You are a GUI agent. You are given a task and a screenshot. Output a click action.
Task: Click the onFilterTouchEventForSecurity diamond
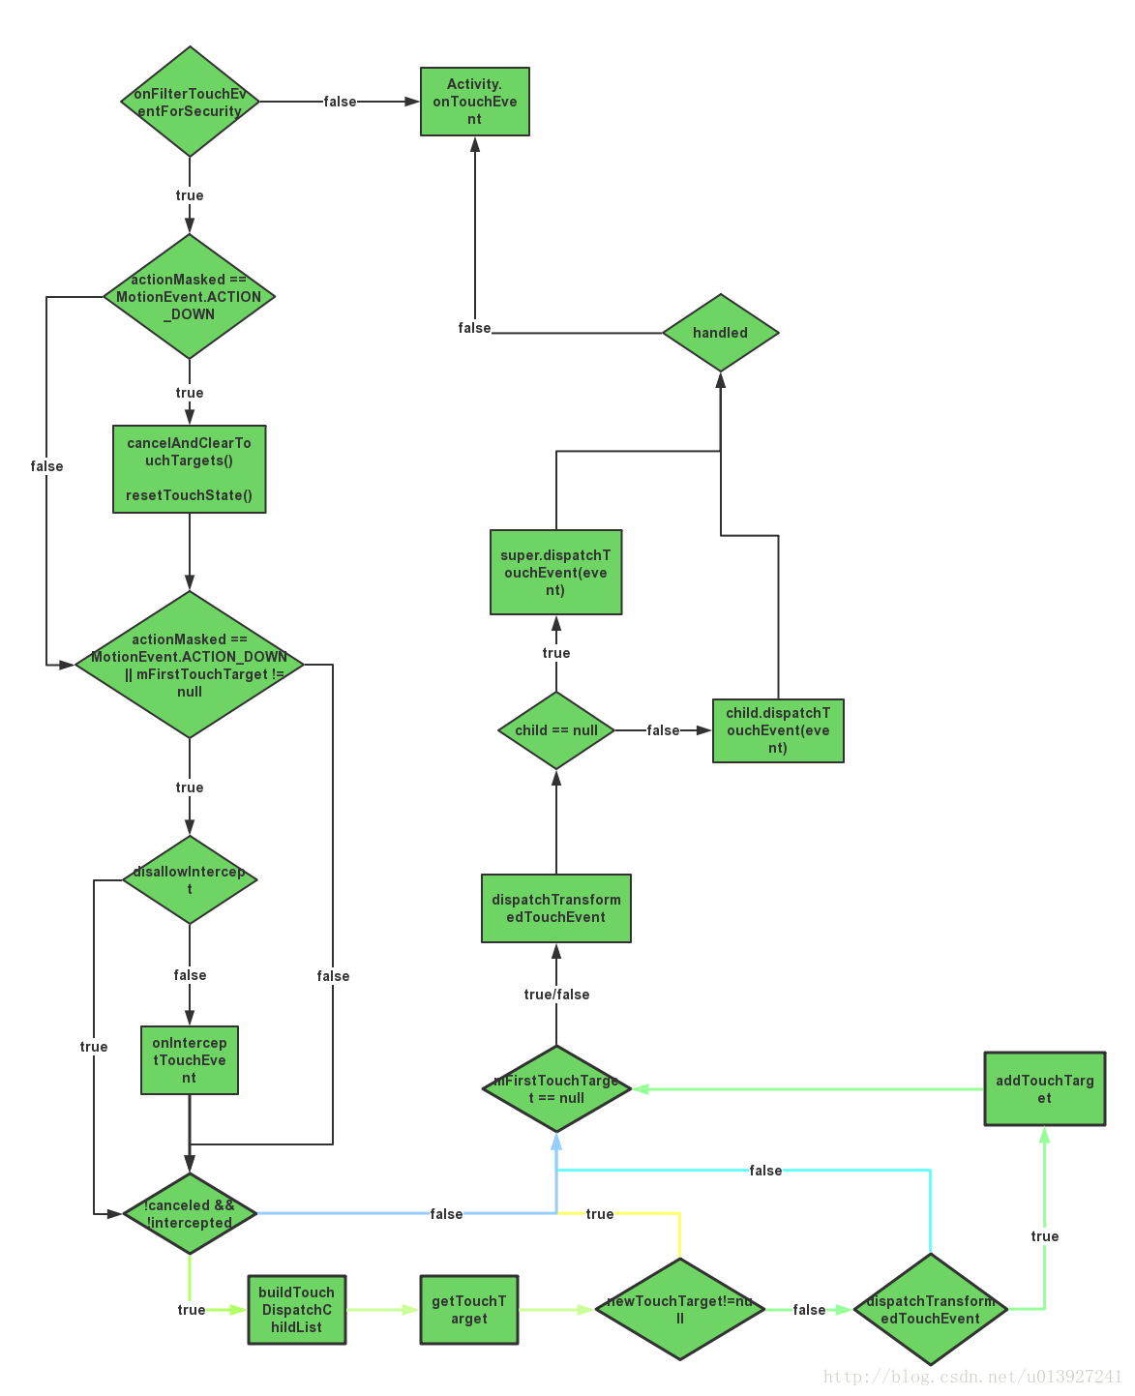click(190, 102)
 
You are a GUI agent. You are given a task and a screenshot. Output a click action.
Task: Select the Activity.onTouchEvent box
click(474, 102)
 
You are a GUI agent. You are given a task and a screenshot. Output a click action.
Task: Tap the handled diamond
click(720, 333)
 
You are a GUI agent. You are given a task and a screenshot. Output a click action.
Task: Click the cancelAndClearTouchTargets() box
click(189, 469)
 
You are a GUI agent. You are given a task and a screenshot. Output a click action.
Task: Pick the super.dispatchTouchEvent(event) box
click(555, 572)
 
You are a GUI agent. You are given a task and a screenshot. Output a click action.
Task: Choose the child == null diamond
click(555, 730)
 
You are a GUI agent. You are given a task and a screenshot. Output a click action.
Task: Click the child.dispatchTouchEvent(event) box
click(778, 730)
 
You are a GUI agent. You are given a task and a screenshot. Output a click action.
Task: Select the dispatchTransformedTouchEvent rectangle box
click(555, 908)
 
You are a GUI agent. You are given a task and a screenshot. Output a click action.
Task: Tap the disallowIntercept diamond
click(190, 879)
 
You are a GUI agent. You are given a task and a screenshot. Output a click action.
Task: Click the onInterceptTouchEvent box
click(189, 1060)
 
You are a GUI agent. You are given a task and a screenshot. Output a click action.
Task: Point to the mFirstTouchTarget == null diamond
click(555, 1088)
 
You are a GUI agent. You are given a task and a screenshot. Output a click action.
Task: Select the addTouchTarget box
click(1044, 1088)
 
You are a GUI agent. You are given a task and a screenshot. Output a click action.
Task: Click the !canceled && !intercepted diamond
click(190, 1213)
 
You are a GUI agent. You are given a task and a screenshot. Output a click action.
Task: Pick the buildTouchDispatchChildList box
click(296, 1309)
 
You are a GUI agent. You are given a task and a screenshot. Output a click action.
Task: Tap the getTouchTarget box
click(468, 1309)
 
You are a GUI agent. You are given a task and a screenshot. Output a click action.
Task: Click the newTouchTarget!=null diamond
click(679, 1309)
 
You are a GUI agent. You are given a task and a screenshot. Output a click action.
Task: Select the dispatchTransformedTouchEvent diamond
click(930, 1309)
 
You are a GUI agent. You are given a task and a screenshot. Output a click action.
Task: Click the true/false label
click(555, 995)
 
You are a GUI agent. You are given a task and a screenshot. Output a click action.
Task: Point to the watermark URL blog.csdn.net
click(971, 1377)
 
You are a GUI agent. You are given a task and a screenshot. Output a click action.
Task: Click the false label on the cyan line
click(764, 1171)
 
